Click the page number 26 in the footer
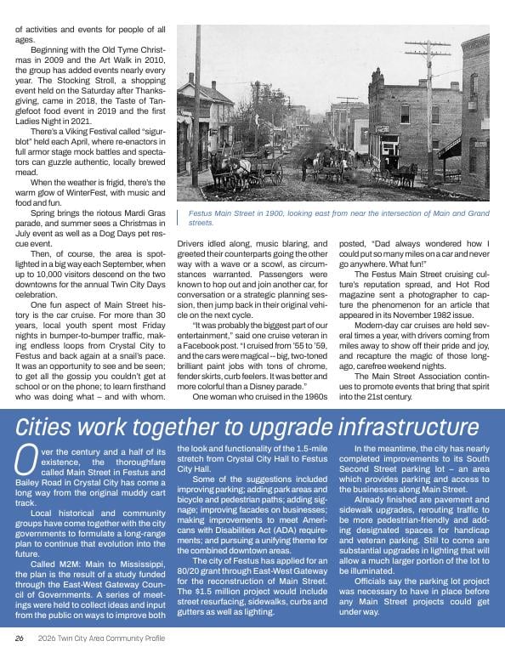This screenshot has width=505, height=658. point(18,637)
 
